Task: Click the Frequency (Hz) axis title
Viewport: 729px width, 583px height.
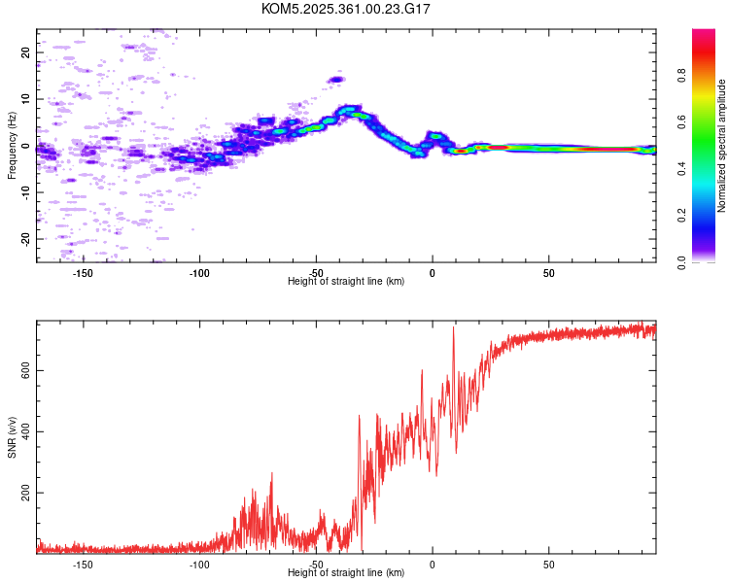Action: tap(12, 146)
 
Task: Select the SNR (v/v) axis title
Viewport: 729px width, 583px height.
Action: tap(12, 436)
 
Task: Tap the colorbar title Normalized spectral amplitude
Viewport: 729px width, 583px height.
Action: tap(722, 146)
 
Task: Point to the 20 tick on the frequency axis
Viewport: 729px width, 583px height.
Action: tap(26, 52)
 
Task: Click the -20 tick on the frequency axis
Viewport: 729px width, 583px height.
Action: tap(26, 238)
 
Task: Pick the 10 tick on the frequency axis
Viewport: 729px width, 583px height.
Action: tap(26, 99)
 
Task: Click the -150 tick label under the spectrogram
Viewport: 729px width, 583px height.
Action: tap(83, 273)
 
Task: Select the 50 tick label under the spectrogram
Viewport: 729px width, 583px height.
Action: tap(548, 273)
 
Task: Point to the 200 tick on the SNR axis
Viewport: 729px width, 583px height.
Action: tap(26, 494)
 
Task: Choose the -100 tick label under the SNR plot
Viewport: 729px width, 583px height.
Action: tap(199, 564)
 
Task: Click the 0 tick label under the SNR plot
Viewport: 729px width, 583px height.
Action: tap(433, 564)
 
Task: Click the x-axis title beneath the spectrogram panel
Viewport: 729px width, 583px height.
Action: tap(346, 282)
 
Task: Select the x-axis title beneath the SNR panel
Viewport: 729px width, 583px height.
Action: tap(346, 572)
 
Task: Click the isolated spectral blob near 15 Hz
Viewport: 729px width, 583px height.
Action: tap(336, 80)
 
